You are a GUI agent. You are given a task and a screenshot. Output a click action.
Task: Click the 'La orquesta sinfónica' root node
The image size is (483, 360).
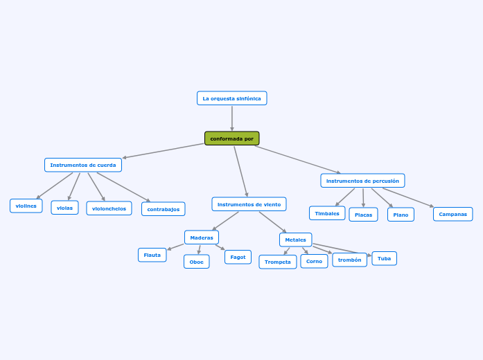click(x=231, y=98)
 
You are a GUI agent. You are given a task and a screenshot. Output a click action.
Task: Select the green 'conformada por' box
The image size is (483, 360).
click(x=231, y=138)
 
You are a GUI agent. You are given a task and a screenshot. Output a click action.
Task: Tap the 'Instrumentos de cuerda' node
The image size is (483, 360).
click(x=83, y=165)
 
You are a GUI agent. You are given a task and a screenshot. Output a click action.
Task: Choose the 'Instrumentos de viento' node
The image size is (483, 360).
click(x=249, y=204)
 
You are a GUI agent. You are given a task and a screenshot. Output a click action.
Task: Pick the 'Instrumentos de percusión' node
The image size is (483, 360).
click(x=362, y=181)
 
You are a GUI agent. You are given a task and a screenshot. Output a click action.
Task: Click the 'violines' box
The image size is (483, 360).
click(x=26, y=206)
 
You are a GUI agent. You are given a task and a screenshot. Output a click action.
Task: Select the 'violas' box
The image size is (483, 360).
click(x=64, y=208)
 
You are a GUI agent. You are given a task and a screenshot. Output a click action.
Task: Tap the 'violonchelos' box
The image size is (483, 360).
click(x=109, y=208)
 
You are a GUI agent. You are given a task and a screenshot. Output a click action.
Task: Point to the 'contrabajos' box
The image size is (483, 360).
click(x=163, y=209)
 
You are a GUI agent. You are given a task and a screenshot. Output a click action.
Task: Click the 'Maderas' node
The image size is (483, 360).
click(x=202, y=237)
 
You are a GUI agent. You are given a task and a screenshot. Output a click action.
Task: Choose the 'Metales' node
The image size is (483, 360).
click(x=295, y=240)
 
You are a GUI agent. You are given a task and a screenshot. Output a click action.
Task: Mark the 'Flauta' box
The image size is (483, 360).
click(x=152, y=255)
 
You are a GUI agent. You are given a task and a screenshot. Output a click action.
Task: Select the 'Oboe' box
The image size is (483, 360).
click(x=196, y=262)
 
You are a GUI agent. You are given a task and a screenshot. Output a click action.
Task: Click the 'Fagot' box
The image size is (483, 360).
click(x=238, y=257)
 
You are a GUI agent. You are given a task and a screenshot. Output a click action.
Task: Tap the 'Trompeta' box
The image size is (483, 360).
click(x=277, y=262)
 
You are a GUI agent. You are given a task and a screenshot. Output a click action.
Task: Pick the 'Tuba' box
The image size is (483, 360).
click(x=384, y=258)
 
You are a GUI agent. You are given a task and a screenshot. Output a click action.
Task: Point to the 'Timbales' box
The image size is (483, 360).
click(x=327, y=213)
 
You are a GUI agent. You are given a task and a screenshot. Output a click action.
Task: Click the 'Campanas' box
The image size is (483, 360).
click(x=453, y=214)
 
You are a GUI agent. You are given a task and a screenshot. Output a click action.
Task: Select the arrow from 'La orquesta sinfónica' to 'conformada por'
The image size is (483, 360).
click(x=231, y=118)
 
